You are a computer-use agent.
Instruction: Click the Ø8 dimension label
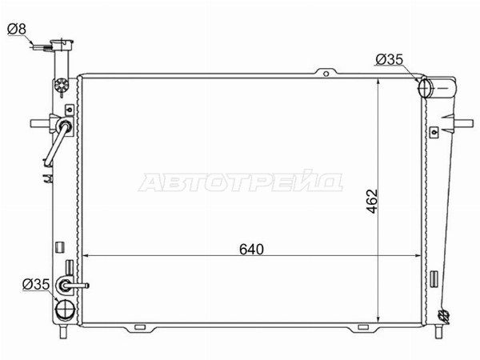point(17,30)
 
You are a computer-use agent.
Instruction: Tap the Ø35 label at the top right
point(390,59)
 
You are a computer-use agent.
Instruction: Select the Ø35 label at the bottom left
point(36,284)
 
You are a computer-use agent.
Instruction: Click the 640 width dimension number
point(251,249)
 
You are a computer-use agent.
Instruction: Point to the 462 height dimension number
point(372,202)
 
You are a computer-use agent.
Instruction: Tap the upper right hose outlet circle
point(424,88)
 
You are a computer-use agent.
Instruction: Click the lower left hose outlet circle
point(65,310)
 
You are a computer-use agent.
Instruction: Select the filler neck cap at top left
point(62,44)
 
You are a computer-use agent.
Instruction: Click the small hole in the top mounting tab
point(326,74)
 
